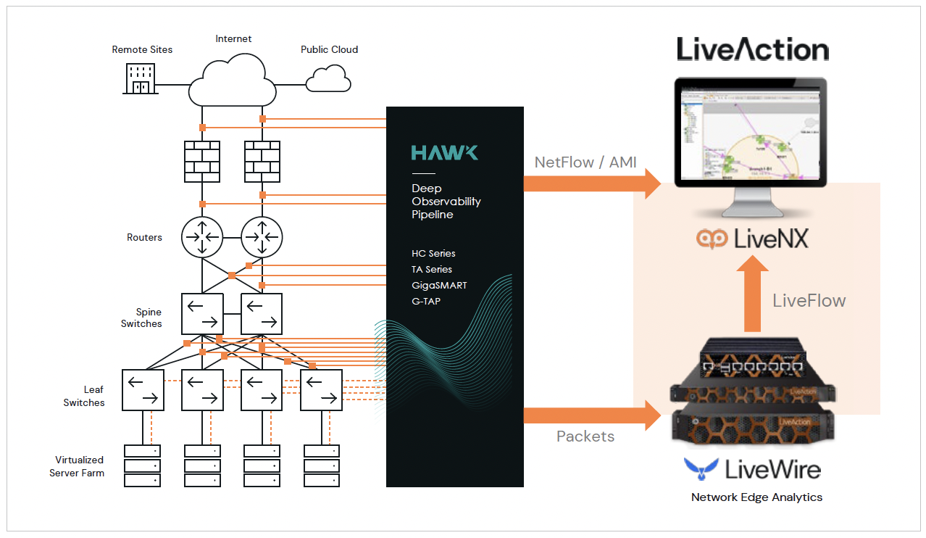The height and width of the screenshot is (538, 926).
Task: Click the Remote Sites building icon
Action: pos(142,78)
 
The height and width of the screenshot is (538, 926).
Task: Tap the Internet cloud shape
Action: pos(232,82)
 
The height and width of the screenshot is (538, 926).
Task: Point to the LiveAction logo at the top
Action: pos(753,49)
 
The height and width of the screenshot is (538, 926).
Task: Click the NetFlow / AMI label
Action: pos(585,162)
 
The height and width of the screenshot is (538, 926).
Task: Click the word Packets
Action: pos(585,436)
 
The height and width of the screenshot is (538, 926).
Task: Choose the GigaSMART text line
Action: pos(439,285)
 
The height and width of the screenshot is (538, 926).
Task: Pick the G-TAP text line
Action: pos(426,301)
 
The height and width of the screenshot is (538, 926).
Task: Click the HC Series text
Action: pos(433,254)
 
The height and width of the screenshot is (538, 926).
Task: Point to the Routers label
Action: pos(144,237)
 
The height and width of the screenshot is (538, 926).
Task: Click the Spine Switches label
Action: pos(142,318)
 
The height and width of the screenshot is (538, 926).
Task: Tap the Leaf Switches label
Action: pos(84,396)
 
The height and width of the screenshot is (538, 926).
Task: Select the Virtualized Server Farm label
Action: pos(77,466)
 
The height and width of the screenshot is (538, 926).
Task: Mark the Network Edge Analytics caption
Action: pos(756,497)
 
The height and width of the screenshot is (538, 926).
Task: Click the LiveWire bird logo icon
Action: pos(701,469)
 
